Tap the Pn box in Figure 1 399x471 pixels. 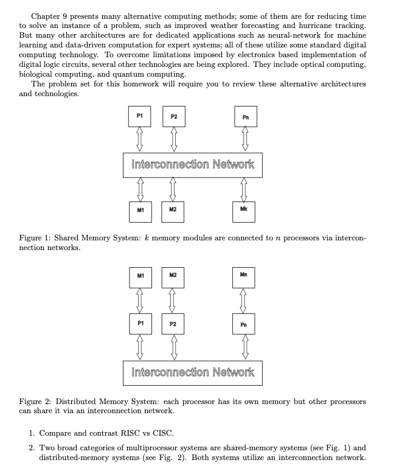click(x=245, y=117)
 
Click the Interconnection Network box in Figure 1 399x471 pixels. click(x=193, y=164)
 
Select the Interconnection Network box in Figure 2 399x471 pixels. click(x=193, y=372)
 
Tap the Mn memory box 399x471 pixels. click(x=245, y=276)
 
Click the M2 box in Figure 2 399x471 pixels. click(x=173, y=276)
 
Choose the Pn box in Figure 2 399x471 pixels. click(x=245, y=324)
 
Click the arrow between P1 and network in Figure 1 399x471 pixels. click(x=140, y=139)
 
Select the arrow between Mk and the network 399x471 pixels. click(x=245, y=189)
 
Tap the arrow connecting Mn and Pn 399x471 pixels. click(x=245, y=300)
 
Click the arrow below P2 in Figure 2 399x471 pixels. click(x=173, y=347)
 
